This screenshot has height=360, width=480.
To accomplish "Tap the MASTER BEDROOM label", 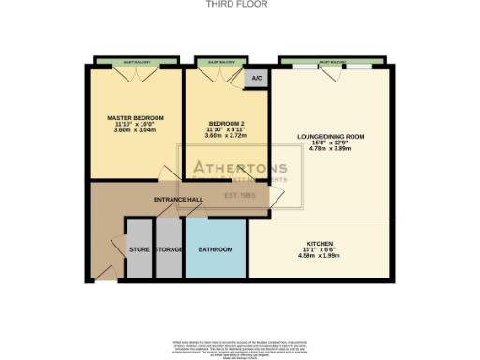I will pos(135,117).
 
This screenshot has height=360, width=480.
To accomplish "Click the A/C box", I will pos(256,79).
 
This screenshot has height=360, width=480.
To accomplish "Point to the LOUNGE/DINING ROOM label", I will pos(331,137).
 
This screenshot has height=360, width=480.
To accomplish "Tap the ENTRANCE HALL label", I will pos(178,200).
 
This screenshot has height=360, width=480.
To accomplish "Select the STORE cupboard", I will pos(139,249).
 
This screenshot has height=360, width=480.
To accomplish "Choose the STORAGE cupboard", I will pos(169,249).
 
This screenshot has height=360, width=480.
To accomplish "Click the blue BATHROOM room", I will pos(216,249).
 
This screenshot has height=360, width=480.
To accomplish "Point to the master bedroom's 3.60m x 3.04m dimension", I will pos(135,130).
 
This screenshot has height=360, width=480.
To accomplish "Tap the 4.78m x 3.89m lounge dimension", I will pos(331,150).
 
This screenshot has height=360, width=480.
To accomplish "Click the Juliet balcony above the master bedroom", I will pos(135,64).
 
